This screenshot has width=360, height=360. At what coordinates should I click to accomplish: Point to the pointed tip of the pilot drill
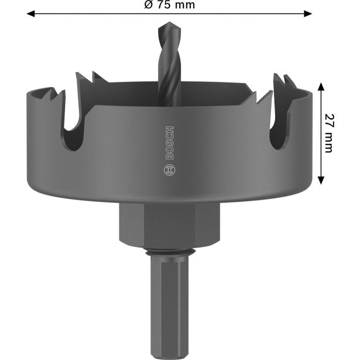coord(163,27)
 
